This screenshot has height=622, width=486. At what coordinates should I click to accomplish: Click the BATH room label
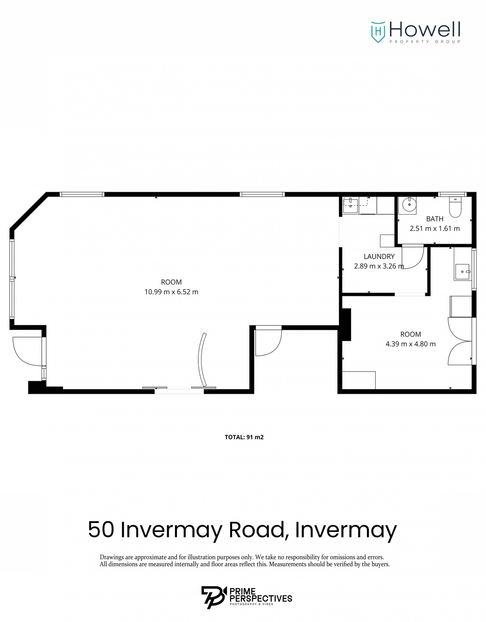[435, 219]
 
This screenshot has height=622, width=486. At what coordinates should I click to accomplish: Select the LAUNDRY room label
[379, 256]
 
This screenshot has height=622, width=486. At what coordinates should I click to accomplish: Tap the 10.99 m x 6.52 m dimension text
[171, 292]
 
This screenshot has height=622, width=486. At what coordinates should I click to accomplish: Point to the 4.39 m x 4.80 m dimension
[410, 344]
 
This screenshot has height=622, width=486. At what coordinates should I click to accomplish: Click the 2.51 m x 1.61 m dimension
[435, 229]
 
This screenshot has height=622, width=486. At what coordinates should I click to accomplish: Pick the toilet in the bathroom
[455, 207]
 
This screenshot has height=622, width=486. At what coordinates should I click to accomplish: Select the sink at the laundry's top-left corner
[351, 205]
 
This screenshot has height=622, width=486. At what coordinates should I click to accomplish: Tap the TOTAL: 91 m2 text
[244, 437]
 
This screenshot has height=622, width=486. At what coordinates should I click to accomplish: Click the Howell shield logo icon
[378, 32]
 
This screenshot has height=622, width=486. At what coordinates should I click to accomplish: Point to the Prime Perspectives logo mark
[212, 597]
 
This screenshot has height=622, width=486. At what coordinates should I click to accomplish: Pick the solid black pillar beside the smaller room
[345, 324]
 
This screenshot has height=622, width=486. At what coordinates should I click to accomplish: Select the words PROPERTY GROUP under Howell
[425, 42]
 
